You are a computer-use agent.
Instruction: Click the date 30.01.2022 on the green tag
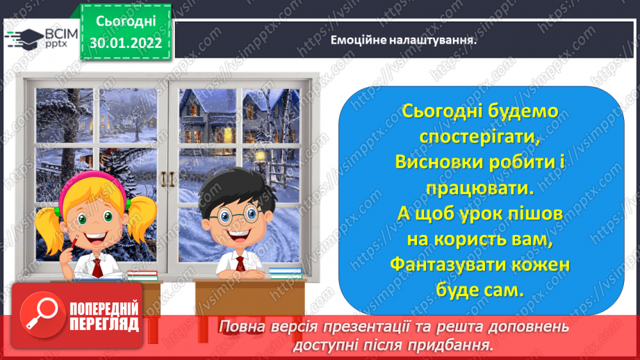click(126, 43)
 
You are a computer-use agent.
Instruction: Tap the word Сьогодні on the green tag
click(126, 22)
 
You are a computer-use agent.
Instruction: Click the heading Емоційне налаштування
click(403, 40)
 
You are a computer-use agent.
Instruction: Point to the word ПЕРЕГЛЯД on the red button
click(104, 325)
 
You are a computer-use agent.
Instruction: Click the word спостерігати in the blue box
click(479, 137)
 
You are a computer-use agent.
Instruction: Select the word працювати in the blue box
click(479, 188)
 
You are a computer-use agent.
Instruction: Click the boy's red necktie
click(241, 263)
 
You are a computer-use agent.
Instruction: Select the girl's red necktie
click(97, 268)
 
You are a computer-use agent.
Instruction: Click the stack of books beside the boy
click(286, 273)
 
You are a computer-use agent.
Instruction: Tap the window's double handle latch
click(167, 179)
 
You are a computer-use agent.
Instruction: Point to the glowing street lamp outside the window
click(259, 156)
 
